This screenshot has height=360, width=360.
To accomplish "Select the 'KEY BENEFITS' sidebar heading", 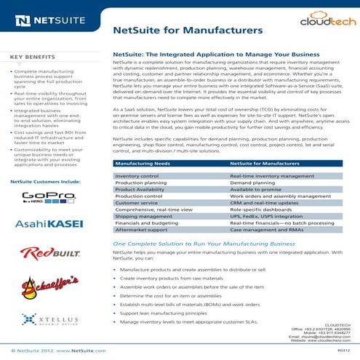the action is (x=33, y=57).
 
